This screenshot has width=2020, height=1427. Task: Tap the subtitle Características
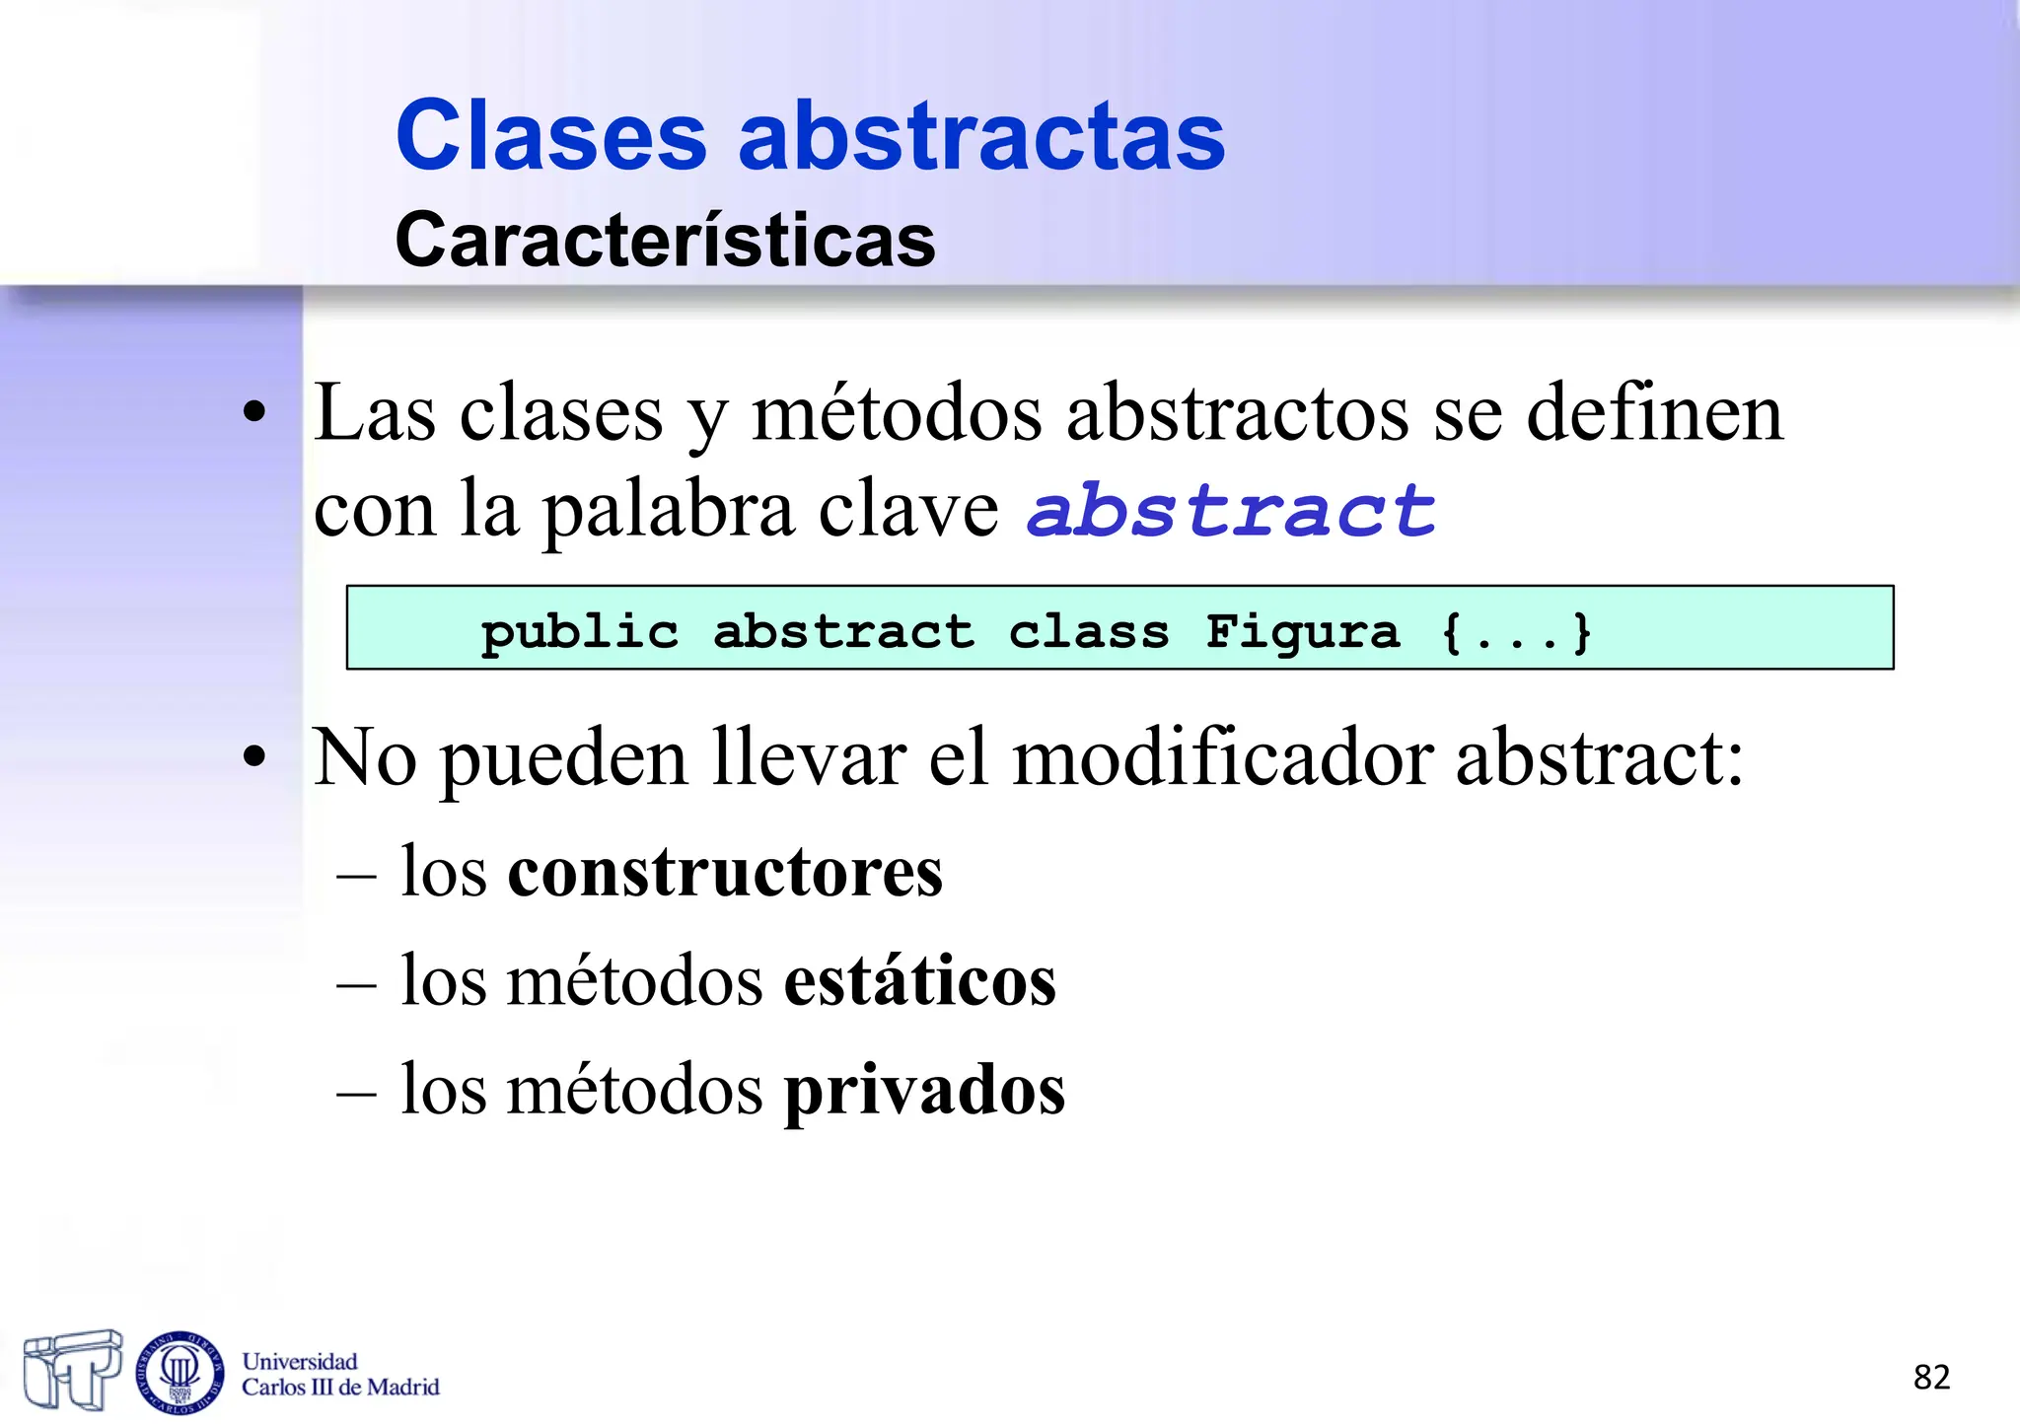click(x=665, y=240)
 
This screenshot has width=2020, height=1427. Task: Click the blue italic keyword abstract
click(x=1231, y=511)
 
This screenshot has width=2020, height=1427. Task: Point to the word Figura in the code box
click(x=1302, y=631)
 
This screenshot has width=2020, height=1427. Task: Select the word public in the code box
click(x=580, y=631)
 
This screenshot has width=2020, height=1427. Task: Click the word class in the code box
click(x=1089, y=631)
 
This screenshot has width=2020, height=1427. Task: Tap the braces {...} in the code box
click(x=1516, y=631)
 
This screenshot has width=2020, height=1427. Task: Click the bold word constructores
click(x=725, y=873)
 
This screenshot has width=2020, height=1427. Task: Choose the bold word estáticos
click(x=919, y=981)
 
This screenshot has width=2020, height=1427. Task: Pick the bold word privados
click(x=924, y=1091)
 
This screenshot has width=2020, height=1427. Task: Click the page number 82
click(x=1931, y=1377)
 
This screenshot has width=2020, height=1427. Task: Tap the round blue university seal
click(x=180, y=1373)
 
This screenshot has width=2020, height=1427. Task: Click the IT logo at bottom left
click(x=72, y=1369)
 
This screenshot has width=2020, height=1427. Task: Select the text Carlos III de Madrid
click(x=340, y=1388)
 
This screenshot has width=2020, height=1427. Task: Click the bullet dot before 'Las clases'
click(x=254, y=413)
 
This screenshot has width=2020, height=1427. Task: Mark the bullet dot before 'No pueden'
click(x=254, y=758)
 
